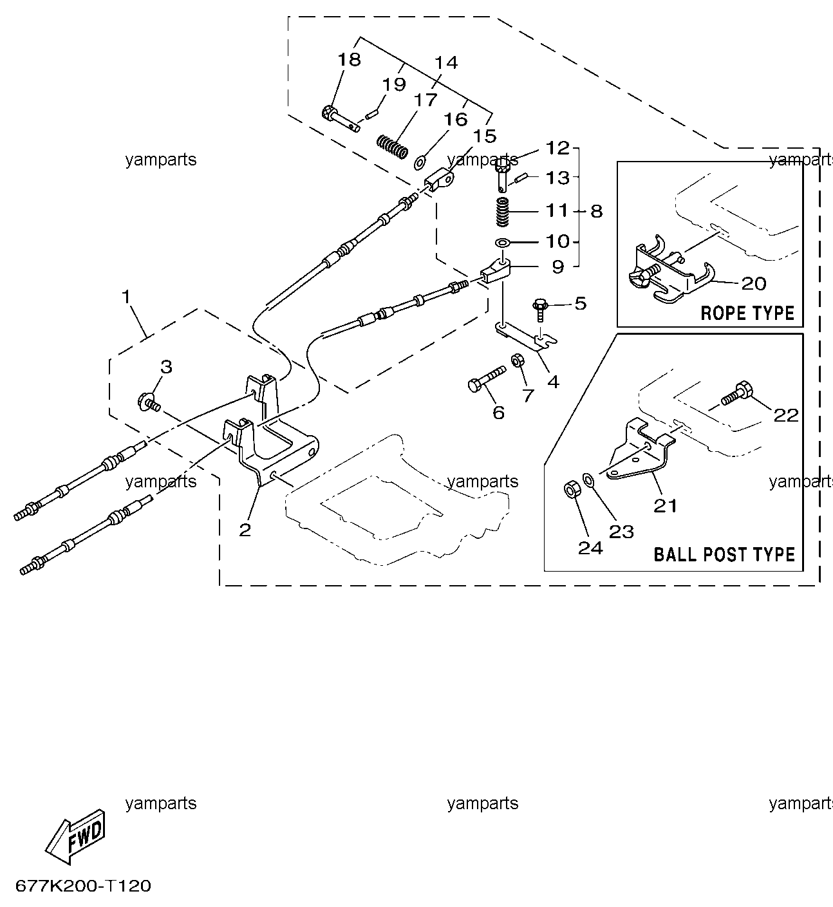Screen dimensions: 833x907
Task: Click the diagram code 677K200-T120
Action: [x=83, y=886]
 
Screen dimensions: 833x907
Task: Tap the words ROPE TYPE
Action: [x=747, y=313]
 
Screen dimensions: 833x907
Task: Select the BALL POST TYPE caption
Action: [x=724, y=554]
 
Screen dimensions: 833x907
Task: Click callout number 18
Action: [x=349, y=59]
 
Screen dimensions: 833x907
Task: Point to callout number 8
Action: [x=597, y=211]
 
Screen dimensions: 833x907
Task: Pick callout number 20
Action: [x=754, y=283]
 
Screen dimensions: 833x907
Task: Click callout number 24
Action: [x=590, y=548]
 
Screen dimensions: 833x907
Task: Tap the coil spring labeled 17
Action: [x=393, y=147]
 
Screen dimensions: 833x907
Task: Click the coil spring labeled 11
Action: [x=502, y=212]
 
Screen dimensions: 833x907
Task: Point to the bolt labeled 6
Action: [x=487, y=379]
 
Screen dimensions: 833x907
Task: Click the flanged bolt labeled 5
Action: [x=540, y=310]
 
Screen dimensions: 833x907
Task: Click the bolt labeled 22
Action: [x=736, y=393]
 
